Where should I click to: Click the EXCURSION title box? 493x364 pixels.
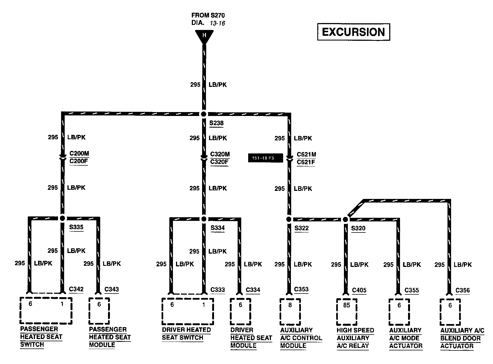coord(353,32)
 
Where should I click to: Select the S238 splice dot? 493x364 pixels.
coord(204,114)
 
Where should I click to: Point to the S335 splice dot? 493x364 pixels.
coord(62,218)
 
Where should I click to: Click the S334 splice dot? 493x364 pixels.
coord(204,219)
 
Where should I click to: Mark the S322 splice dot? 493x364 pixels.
coord(289,219)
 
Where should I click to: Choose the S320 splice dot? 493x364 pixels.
coord(345,219)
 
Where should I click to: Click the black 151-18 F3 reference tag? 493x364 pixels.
coord(265,158)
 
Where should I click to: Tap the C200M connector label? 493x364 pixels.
coord(79,153)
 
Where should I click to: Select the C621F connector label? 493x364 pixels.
coord(306,162)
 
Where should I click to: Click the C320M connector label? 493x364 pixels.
coord(220,154)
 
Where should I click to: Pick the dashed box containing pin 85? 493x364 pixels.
coord(347,312)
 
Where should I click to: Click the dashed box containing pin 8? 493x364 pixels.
coord(290,312)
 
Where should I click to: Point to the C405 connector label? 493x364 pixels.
coord(359,290)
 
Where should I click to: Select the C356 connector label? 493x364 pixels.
coord(462,290)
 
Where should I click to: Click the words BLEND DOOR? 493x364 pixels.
coord(460,338)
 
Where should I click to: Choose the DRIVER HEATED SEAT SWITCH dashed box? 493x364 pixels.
coord(188,311)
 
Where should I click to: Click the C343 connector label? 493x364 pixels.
coord(112,289)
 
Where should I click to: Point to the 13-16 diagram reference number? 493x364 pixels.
coord(217,23)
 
